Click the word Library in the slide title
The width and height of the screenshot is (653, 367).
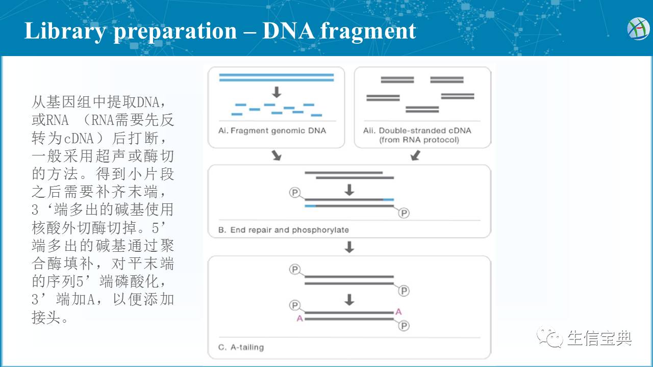coord(65,31)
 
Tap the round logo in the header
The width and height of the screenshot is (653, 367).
coord(638,29)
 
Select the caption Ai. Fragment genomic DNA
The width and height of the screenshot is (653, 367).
coord(272,130)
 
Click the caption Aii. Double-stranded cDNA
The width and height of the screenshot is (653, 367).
coord(417,130)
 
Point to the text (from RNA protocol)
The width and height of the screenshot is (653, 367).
coord(419,140)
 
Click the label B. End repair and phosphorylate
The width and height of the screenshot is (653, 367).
coord(284,230)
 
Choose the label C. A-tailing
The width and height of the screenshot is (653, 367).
coord(241,347)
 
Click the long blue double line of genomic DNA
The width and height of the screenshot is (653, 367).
coord(276,77)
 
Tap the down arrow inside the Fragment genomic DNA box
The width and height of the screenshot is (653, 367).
coord(277,92)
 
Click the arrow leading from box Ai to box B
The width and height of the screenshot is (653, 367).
coord(276,155)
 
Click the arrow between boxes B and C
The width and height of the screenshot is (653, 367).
coord(349,247)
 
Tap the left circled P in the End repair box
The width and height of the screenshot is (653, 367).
coord(295,193)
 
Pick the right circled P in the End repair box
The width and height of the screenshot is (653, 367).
coord(404,213)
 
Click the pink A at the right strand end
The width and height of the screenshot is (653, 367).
coord(398,311)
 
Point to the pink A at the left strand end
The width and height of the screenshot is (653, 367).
coord(300,319)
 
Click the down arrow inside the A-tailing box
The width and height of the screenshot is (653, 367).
coord(349,300)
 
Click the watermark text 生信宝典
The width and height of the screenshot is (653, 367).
coord(599,338)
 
